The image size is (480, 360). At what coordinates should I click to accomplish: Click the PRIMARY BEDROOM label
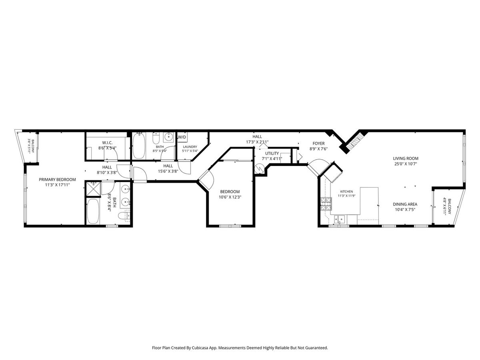click(x=57, y=180)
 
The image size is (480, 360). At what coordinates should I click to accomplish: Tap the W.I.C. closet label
click(x=107, y=143)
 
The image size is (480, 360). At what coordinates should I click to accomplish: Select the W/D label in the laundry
click(x=182, y=137)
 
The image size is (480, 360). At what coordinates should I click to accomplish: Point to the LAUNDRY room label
click(x=190, y=147)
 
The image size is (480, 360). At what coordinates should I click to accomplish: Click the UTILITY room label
click(x=272, y=154)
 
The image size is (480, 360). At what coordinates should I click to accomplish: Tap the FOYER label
click(x=318, y=144)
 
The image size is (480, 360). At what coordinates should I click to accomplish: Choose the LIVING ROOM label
click(x=406, y=158)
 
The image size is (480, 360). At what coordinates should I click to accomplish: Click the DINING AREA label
click(x=405, y=204)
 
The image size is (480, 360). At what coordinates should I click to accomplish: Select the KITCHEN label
click(x=346, y=192)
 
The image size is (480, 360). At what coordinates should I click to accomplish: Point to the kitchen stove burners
click(x=326, y=204)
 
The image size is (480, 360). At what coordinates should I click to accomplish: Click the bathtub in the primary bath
click(x=93, y=211)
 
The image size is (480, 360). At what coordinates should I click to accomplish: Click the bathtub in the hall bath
click(x=139, y=146)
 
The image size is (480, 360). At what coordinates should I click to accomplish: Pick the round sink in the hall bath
click(x=169, y=138)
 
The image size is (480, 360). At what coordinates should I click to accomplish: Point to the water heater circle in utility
click(x=259, y=168)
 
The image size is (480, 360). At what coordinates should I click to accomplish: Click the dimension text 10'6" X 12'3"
click(x=230, y=197)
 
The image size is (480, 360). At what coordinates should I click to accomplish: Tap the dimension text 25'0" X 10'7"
click(x=406, y=164)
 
